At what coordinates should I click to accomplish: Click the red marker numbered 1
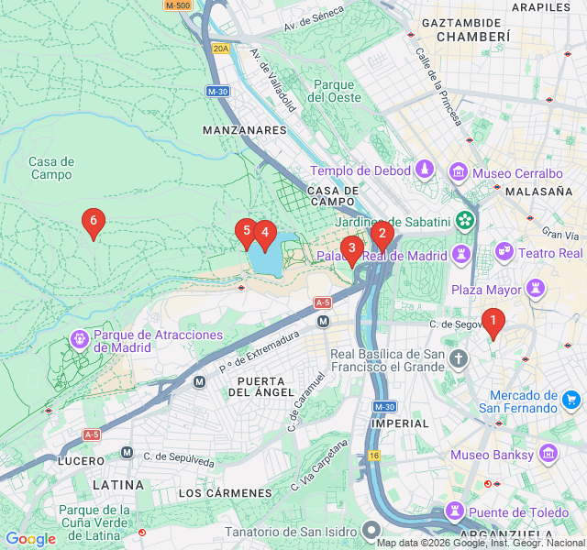point(493,322)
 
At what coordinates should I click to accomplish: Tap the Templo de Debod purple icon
point(425,170)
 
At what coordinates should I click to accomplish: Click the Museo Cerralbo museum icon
point(458,172)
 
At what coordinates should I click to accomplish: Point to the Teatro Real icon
point(504,251)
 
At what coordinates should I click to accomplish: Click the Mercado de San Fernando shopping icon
point(571,399)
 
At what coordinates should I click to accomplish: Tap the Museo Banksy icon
point(548,454)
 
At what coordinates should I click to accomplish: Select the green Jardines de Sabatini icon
point(466,220)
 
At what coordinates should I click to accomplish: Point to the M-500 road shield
point(177,5)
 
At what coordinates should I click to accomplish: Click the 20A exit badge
point(220,49)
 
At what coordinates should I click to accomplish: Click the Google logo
point(30,539)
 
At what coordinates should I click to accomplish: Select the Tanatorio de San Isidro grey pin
point(371,529)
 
